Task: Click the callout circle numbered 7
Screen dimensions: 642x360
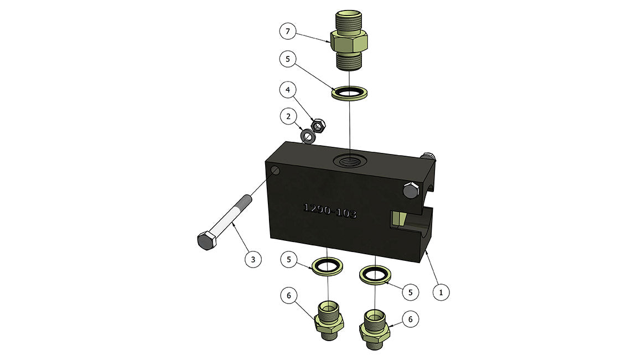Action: pos(288,31)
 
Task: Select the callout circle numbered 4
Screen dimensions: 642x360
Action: pos(288,90)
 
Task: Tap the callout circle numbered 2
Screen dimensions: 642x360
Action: pos(288,117)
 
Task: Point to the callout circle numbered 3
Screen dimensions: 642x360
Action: pos(253,259)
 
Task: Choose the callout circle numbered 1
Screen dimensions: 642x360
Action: pos(441,292)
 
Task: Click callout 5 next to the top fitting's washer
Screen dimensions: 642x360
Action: pos(288,59)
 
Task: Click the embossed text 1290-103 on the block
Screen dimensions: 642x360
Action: pos(330,210)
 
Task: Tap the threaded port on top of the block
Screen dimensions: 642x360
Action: pos(350,160)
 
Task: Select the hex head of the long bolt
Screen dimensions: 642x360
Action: pos(206,240)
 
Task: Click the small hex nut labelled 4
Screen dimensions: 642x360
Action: pos(318,125)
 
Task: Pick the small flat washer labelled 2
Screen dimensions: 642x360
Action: pos(308,136)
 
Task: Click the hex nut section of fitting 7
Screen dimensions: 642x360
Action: pos(349,42)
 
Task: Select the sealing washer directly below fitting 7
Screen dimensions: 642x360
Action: pos(349,92)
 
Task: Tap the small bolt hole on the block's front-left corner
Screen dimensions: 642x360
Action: pos(276,170)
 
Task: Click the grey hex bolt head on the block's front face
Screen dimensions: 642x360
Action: pos(411,191)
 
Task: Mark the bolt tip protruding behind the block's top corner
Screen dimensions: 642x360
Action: pos(428,156)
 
